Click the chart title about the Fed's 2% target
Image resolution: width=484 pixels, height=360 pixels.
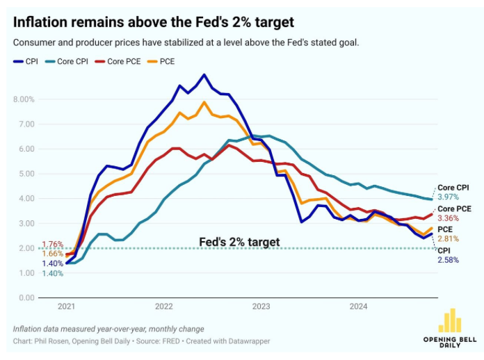tap(154, 22)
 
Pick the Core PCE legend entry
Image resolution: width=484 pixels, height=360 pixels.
tap(118, 62)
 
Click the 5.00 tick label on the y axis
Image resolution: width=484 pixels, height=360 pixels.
tap(26, 174)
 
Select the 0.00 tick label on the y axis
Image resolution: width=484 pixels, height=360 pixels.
tap(26, 297)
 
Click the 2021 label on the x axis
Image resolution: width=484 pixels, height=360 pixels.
tap(66, 306)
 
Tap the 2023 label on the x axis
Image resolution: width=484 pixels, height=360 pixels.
tap(261, 306)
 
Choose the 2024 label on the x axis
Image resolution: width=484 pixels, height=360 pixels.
tap(358, 306)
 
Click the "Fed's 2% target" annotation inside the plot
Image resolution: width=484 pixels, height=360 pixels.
tap(239, 242)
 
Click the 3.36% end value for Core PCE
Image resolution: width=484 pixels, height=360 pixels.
tap(449, 219)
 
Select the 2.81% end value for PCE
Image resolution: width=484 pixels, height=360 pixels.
tap(449, 239)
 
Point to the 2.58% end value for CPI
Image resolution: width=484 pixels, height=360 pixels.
tap(449, 259)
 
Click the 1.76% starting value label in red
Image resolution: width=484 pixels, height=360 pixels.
tap(52, 245)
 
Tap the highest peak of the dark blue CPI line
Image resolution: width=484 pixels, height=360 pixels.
tap(204, 74)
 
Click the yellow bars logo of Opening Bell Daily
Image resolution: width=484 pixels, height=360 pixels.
tap(449, 320)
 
